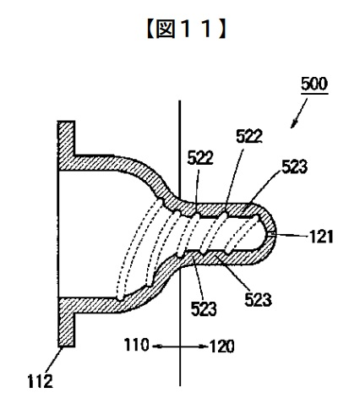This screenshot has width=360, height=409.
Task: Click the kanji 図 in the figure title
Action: pyautogui.click(x=166, y=30)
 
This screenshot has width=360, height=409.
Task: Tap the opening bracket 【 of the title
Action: pyautogui.click(x=150, y=30)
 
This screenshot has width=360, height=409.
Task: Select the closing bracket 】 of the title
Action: pyautogui.click(x=222, y=30)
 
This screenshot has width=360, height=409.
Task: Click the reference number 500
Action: pyautogui.click(x=314, y=84)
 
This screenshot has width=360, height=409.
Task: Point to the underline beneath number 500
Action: pyautogui.click(x=314, y=93)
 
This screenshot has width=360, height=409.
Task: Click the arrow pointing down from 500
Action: pyautogui.click(x=299, y=113)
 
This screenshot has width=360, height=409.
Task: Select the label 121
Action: pyautogui.click(x=321, y=236)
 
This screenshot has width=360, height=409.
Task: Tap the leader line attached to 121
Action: pyautogui.click(x=291, y=234)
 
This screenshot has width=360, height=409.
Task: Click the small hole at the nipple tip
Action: pyautogui.click(x=272, y=234)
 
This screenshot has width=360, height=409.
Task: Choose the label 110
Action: pyautogui.click(x=136, y=345)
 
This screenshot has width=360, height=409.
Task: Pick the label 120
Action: pyautogui.click(x=221, y=346)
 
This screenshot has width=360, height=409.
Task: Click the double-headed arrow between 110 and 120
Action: pyautogui.click(x=179, y=346)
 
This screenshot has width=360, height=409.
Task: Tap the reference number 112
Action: pyautogui.click(x=41, y=381)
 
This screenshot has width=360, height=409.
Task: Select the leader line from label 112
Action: pyautogui.click(x=53, y=360)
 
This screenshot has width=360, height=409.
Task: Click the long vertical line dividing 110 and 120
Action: pyautogui.click(x=180, y=243)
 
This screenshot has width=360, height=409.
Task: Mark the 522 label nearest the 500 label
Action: pyautogui.click(x=249, y=136)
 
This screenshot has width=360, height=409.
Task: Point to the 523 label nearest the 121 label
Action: pyautogui.click(x=294, y=166)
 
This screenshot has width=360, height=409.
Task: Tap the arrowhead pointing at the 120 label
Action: pyautogui.click(x=204, y=346)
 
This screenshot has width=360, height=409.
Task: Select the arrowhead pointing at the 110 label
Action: pyautogui.click(x=156, y=346)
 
